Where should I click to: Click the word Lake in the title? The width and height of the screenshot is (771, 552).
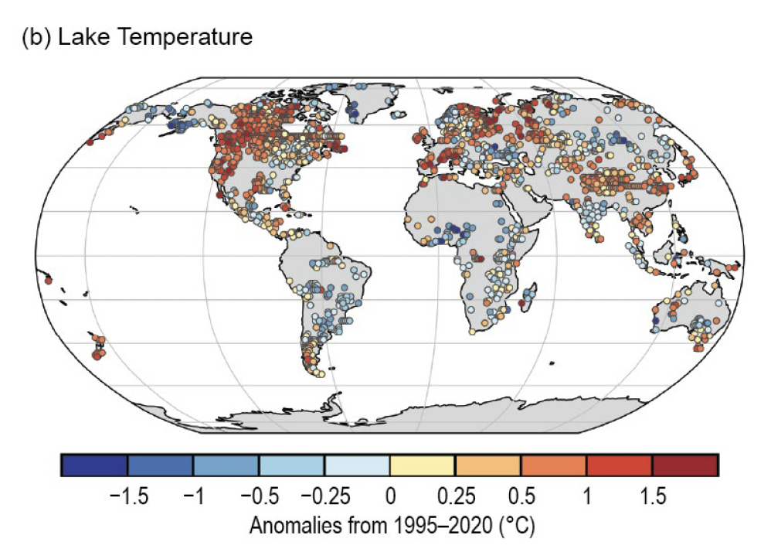pos(80,36)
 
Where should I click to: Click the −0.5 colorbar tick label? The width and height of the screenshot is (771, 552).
pos(257,496)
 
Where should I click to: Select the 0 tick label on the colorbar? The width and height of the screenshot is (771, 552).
pos(390,496)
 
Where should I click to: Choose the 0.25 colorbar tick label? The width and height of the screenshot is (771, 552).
pos(456,496)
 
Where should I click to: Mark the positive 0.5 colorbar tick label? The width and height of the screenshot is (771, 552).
pos(521,496)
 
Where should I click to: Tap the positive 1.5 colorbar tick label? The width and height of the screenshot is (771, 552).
pos(653,496)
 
